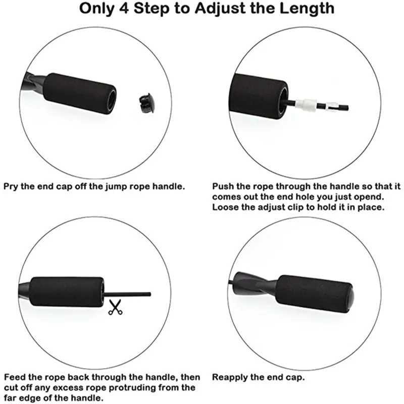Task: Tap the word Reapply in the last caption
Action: tap(229, 377)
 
